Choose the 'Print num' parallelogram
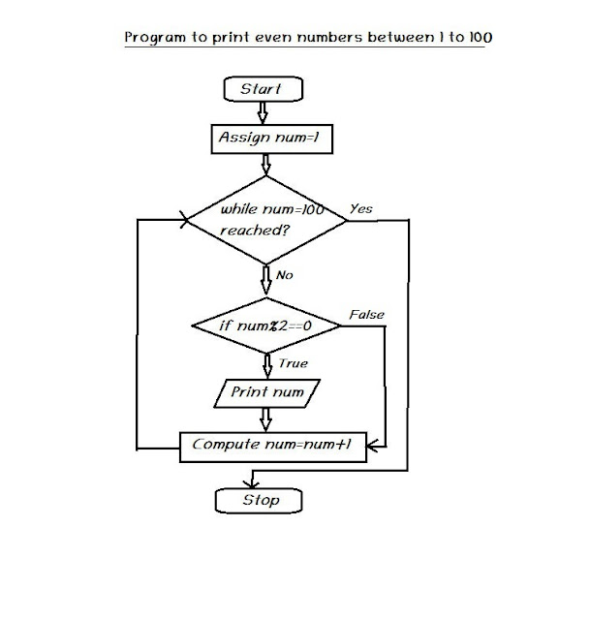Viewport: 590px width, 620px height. pyautogui.click(x=266, y=392)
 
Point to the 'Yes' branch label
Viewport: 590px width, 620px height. pyautogui.click(x=360, y=208)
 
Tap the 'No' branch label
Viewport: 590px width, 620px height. pyautogui.click(x=284, y=275)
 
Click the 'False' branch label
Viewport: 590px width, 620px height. pyautogui.click(x=365, y=315)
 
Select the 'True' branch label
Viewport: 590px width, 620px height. pyautogui.click(x=293, y=363)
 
